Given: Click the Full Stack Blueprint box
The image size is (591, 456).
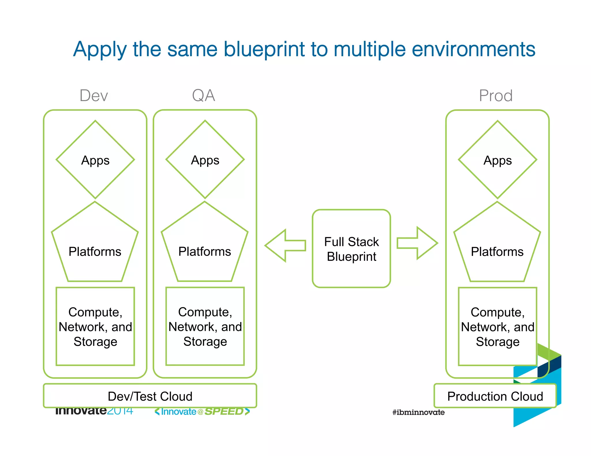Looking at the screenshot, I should (351, 248).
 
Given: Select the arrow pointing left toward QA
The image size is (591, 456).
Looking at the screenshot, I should (285, 246).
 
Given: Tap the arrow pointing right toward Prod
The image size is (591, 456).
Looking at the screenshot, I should (417, 243).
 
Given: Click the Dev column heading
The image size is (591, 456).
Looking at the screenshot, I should (93, 95).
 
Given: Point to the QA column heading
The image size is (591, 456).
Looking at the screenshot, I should (203, 95).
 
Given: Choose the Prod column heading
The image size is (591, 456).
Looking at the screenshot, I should (496, 95).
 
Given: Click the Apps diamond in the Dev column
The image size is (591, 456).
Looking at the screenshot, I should (95, 160).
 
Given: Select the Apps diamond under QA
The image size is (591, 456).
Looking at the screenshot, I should (205, 160).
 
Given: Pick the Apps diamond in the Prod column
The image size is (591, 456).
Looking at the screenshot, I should (498, 160).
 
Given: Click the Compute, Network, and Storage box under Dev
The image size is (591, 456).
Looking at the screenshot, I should (95, 326).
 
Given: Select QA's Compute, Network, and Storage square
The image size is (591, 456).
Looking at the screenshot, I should (205, 326).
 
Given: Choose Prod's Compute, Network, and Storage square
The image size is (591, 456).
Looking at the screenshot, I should (498, 326).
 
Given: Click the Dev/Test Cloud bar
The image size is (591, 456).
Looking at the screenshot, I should (150, 396).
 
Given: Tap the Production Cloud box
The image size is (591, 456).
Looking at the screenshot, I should (495, 396).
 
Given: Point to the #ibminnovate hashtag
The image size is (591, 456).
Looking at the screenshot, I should (418, 412).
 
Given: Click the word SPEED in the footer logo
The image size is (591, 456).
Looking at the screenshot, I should (224, 412).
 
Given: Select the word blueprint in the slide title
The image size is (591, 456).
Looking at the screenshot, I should (264, 49).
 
